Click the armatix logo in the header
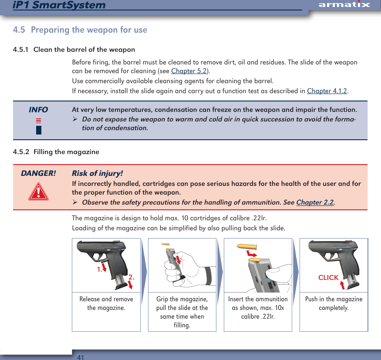point(344,5)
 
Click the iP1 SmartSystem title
point(59,5)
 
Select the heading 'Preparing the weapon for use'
point(89,30)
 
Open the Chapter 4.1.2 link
point(327,91)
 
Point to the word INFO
point(38,110)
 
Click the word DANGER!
point(38,173)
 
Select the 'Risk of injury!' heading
point(97,173)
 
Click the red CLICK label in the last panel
point(328,278)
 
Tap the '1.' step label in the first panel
point(99,269)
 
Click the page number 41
point(80,357)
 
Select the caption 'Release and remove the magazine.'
point(106,303)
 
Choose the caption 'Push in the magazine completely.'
point(334,303)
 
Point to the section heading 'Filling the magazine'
point(66,152)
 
